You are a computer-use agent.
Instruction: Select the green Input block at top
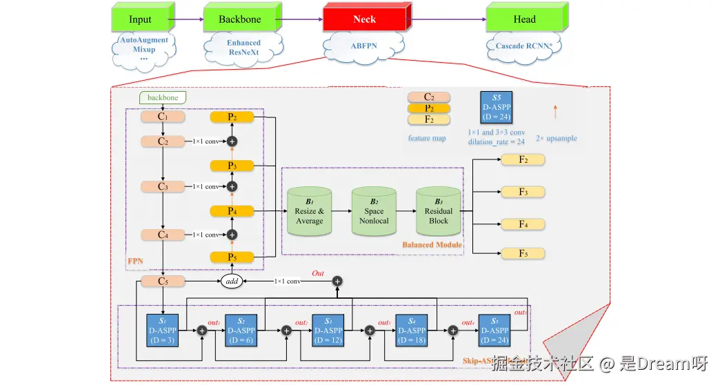click(x=141, y=19)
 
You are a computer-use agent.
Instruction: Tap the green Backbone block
click(x=240, y=19)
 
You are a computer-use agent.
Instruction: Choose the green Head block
click(x=524, y=19)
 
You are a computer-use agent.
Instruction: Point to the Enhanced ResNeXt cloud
click(x=244, y=47)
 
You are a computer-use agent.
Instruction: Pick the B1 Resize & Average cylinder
click(x=309, y=212)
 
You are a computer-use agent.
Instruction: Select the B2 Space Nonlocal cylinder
click(x=374, y=212)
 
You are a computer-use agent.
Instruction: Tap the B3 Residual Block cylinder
click(x=438, y=212)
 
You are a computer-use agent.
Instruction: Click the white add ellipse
click(x=232, y=282)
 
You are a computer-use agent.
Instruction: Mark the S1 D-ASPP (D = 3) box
click(x=163, y=330)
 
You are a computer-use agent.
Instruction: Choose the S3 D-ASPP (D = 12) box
click(x=328, y=330)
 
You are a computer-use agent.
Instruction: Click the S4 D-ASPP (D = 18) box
click(x=412, y=330)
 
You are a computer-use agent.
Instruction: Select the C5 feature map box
click(x=163, y=281)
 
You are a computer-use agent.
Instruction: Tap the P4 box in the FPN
click(x=232, y=210)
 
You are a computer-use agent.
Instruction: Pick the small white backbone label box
click(x=163, y=98)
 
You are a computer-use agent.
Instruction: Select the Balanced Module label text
click(x=431, y=244)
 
